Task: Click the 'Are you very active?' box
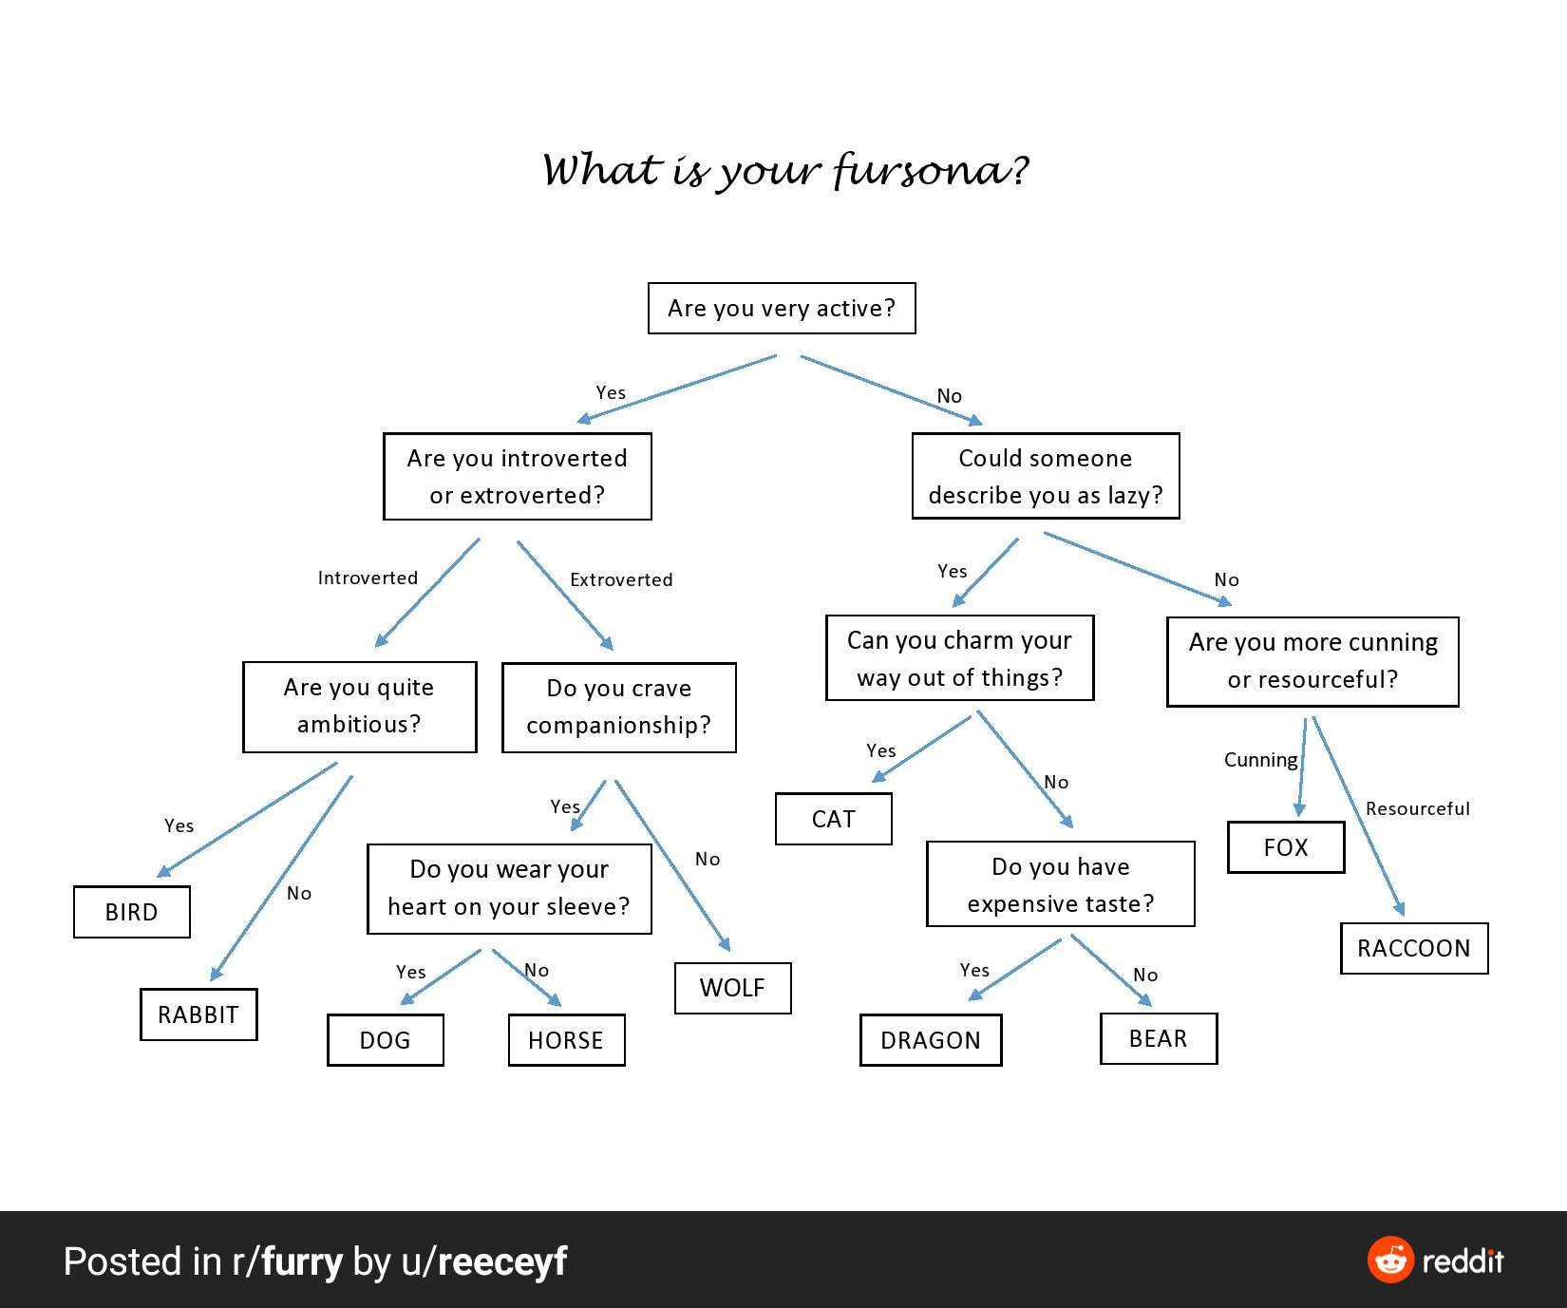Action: (x=782, y=309)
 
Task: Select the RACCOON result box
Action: (x=1413, y=948)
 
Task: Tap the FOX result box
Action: (x=1286, y=847)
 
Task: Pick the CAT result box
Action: (x=833, y=819)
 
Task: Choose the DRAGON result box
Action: (x=930, y=1040)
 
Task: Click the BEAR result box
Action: (x=1158, y=1038)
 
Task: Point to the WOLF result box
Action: (x=732, y=988)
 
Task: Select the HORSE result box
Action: (x=566, y=1040)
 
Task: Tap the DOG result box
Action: (x=385, y=1040)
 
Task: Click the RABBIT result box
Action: (x=198, y=1014)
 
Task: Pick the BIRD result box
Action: (x=131, y=912)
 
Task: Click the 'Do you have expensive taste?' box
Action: (x=1060, y=884)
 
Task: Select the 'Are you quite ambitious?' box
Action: (x=359, y=707)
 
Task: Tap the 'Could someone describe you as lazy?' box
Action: (x=1045, y=477)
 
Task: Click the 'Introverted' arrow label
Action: (x=368, y=578)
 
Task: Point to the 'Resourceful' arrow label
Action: (x=1417, y=808)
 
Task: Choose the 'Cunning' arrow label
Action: (x=1260, y=760)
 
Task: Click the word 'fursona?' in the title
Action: (x=931, y=171)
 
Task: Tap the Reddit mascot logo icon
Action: (x=1390, y=1261)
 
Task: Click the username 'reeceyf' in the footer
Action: (x=501, y=1261)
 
